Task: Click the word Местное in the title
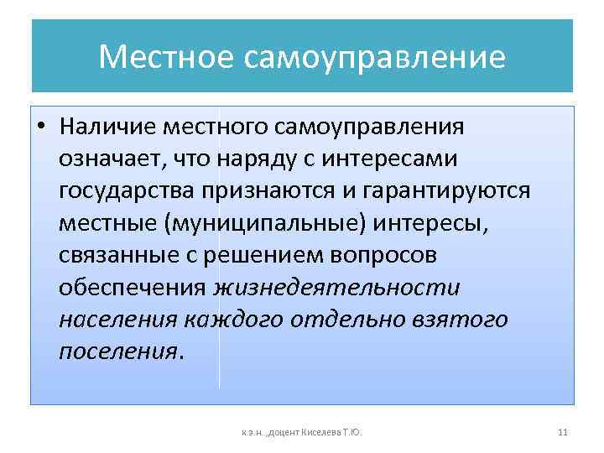pos(167,58)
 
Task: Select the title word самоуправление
pos(375,58)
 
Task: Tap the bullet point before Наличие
pos(40,128)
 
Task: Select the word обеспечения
pos(133,287)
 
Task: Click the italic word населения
pos(117,319)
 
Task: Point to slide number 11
pos(562,432)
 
